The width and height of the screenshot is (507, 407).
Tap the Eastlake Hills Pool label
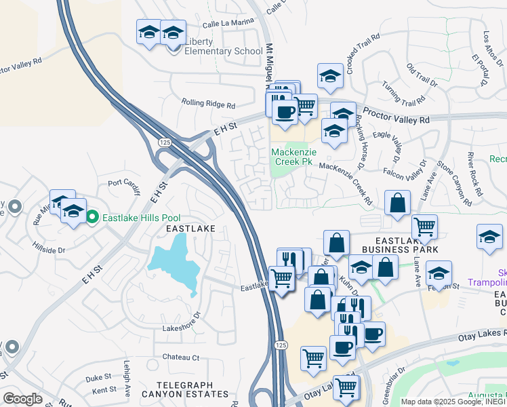(141, 218)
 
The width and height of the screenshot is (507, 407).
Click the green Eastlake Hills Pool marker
(92, 218)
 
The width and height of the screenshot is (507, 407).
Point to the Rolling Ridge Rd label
(208, 105)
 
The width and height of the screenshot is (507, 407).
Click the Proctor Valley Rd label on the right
(397, 115)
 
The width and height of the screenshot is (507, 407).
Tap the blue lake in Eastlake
(175, 265)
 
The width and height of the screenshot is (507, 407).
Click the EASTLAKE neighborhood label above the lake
(190, 229)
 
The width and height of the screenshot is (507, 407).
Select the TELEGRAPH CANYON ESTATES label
(184, 393)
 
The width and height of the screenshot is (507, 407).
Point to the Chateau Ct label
(180, 357)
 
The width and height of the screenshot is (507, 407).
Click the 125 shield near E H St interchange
(165, 142)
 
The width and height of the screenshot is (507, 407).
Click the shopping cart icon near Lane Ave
(424, 227)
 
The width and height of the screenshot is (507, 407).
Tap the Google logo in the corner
(22, 399)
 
